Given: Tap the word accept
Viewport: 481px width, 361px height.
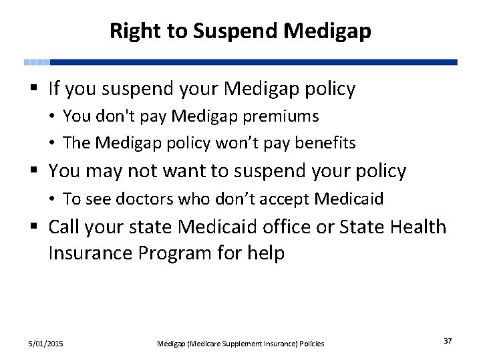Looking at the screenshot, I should click(x=286, y=199).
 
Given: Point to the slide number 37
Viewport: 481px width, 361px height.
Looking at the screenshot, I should click(x=447, y=342).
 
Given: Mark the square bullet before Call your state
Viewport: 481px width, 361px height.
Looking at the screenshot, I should click(x=34, y=227).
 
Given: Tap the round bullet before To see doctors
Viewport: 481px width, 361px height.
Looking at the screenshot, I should click(x=53, y=199).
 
